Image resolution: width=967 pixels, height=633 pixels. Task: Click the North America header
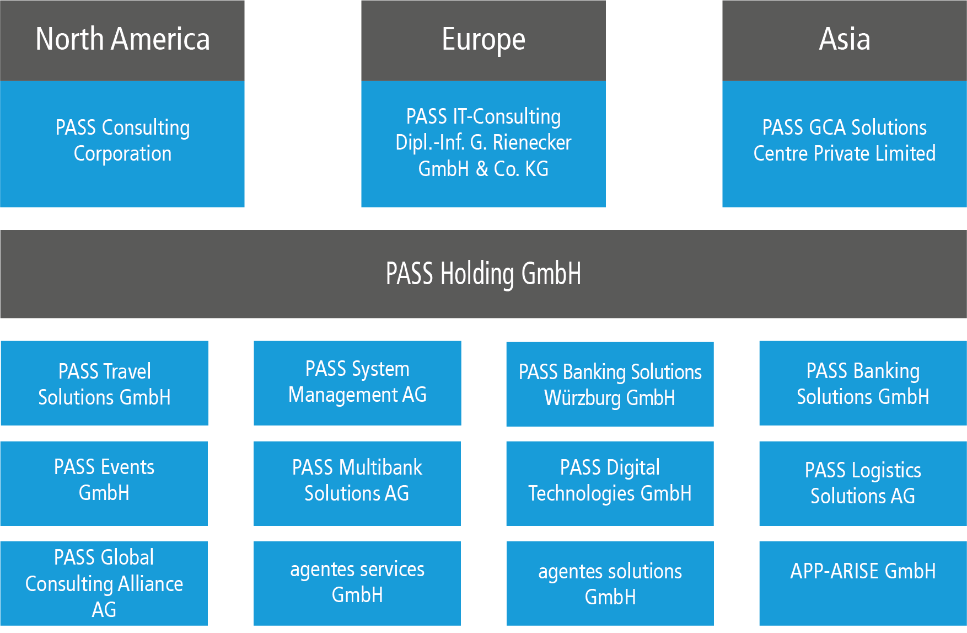click(x=122, y=40)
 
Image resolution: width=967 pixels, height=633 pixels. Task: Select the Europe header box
click(x=483, y=40)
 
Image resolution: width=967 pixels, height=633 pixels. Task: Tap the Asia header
click(x=845, y=40)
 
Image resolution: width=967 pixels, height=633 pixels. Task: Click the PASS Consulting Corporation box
click(x=122, y=144)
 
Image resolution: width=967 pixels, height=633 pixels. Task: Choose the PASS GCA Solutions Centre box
click(x=845, y=144)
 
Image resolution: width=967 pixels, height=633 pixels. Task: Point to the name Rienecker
click(x=532, y=142)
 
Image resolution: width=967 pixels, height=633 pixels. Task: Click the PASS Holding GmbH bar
click(x=483, y=274)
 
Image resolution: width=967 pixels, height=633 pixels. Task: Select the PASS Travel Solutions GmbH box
click(x=104, y=383)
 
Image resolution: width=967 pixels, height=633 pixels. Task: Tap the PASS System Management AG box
click(x=357, y=383)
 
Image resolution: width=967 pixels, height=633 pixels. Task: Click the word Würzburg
click(x=583, y=398)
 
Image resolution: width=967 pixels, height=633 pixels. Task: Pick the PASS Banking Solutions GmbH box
click(x=863, y=383)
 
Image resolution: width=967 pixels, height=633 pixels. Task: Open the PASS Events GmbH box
click(x=104, y=483)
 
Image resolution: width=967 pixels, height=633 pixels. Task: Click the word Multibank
click(x=381, y=467)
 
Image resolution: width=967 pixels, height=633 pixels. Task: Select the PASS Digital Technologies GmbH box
click(x=610, y=483)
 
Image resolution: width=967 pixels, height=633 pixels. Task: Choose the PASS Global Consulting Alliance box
click(x=104, y=583)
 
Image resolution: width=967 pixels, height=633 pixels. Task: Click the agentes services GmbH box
click(x=357, y=583)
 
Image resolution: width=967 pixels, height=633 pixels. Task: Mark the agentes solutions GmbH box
click(x=610, y=583)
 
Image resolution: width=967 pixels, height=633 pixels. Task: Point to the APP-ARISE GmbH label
click(x=863, y=571)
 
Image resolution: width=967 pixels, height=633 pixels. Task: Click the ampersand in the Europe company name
click(x=482, y=169)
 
